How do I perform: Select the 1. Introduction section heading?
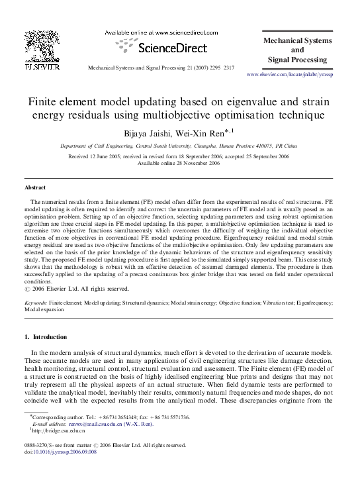point(45,336)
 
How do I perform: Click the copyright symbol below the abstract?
point(26,288)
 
